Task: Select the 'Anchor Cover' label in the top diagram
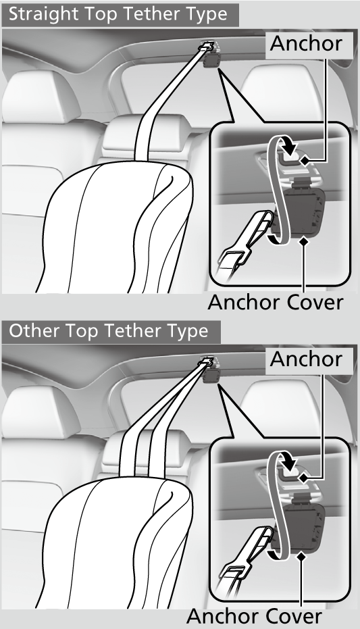pyautogui.click(x=275, y=301)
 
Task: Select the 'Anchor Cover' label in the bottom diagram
pyautogui.click(x=253, y=615)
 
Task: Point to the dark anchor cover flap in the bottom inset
pyautogui.click(x=305, y=526)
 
